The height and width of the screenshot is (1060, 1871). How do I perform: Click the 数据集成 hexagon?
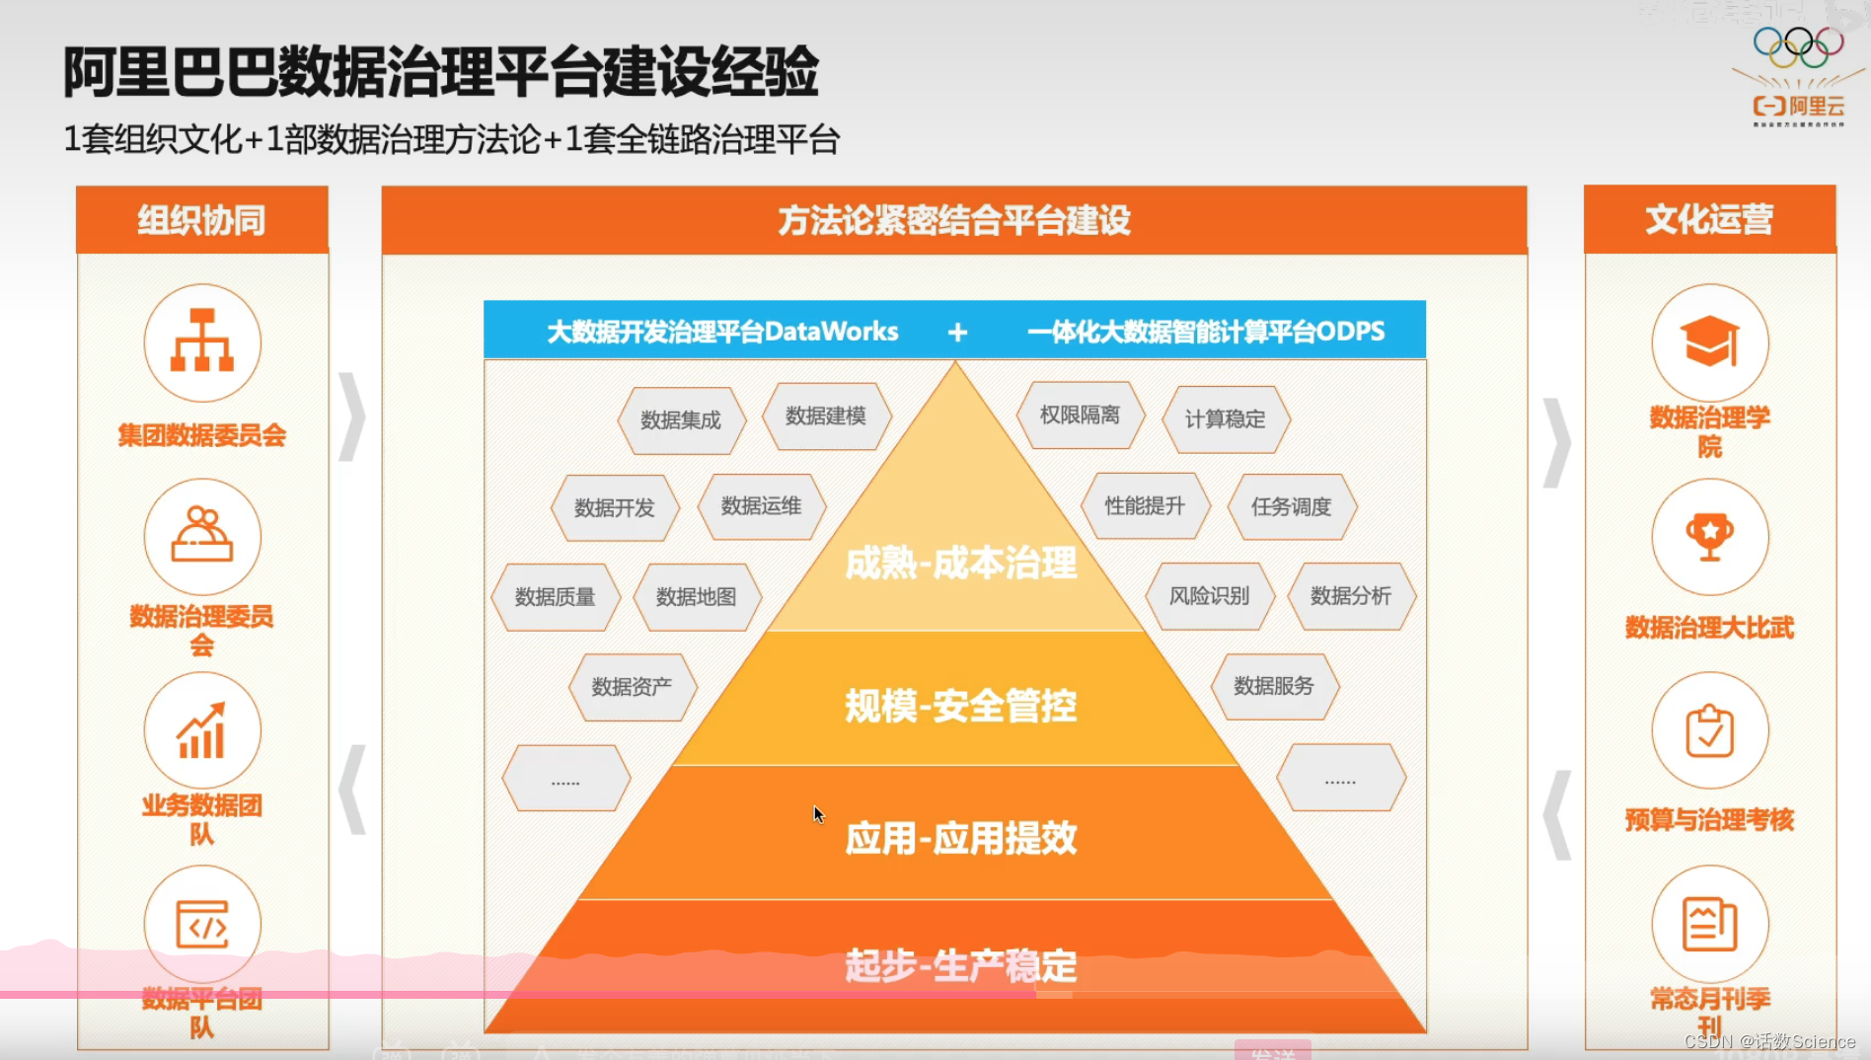681,420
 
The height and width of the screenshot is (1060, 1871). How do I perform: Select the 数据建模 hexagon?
826,416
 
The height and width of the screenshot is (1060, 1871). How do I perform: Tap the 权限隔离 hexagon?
1080,416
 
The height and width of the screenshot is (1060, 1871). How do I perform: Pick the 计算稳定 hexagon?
1225,419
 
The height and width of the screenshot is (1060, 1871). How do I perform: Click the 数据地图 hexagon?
696,597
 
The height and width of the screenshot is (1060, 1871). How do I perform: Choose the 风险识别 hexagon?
1209,596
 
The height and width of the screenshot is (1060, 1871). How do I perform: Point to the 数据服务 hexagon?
1273,686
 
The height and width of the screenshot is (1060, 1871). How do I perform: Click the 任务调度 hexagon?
1291,506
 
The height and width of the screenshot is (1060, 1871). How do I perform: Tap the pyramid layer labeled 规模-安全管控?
960,706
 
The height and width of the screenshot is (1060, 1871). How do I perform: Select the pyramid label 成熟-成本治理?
960,564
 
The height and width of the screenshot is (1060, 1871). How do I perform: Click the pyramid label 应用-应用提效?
960,838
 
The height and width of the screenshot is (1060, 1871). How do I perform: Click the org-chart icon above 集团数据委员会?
202,341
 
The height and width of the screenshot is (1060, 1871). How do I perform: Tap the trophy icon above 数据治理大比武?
1709,536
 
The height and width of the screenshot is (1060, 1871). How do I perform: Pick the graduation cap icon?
1709,341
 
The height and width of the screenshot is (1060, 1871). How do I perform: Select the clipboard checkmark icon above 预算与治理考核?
1709,730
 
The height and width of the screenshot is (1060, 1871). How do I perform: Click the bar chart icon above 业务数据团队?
202,730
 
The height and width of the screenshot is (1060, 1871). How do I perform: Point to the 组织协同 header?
202,219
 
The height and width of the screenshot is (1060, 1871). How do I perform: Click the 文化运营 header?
1709,219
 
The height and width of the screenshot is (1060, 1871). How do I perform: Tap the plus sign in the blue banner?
957,333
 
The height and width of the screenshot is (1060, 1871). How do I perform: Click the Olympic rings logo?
1798,43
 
